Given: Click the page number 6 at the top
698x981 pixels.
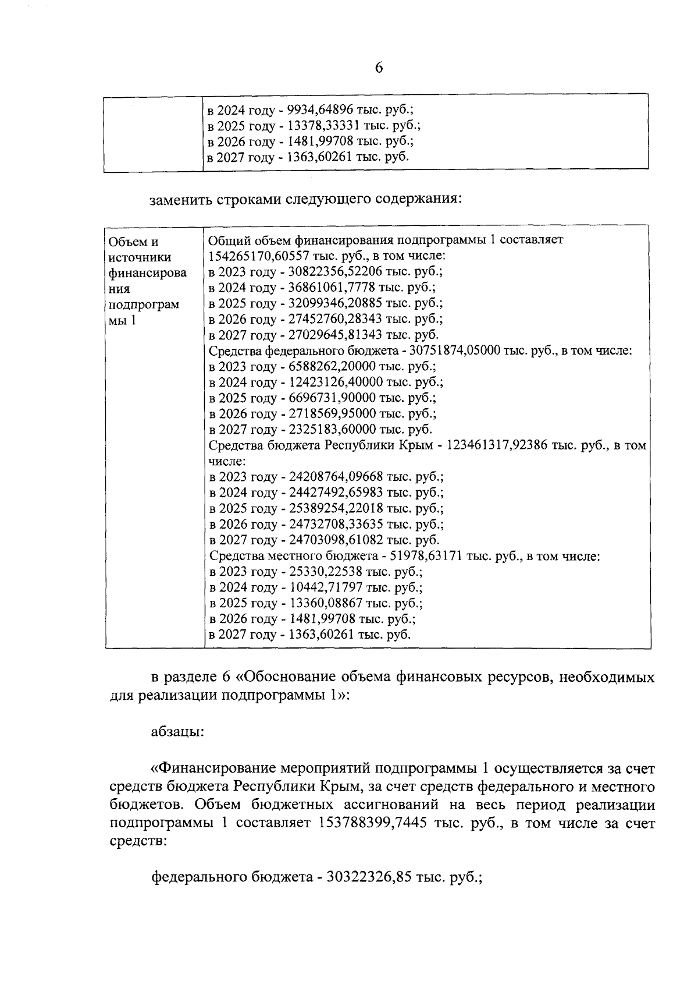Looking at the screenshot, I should click(x=379, y=68).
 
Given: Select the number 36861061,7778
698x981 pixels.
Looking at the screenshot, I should click(x=333, y=287).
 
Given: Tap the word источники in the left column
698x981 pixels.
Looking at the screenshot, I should click(x=140, y=257).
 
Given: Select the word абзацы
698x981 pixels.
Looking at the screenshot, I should click(x=177, y=731).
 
